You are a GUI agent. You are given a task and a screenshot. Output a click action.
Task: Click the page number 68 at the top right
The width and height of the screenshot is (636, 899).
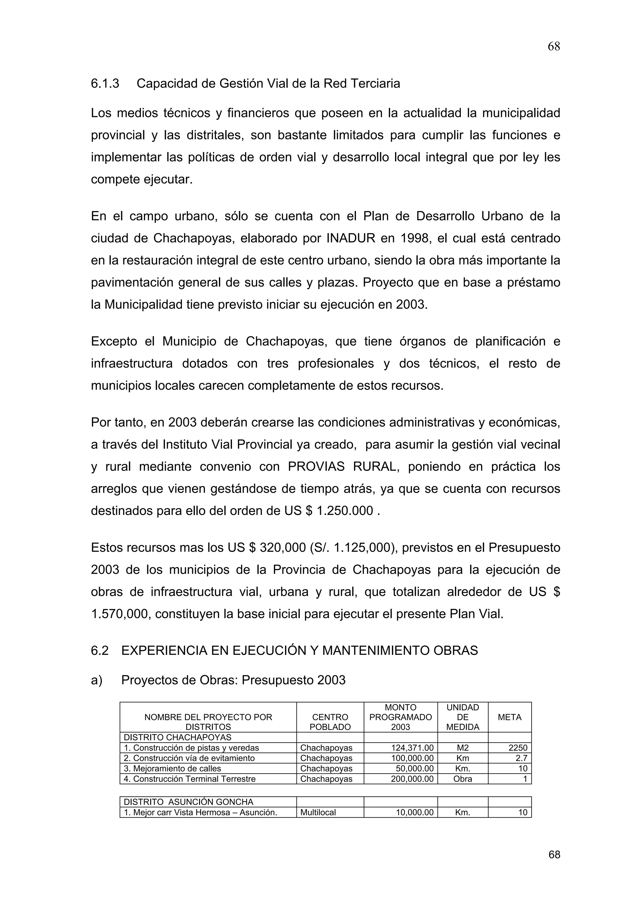tap(553, 47)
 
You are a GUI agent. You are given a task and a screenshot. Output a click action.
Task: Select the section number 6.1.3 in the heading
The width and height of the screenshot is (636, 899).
tap(105, 84)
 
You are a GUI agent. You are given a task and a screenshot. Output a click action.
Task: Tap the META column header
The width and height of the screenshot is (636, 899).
tap(509, 717)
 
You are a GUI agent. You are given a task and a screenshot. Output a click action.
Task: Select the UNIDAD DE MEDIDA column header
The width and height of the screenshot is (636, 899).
tap(463, 717)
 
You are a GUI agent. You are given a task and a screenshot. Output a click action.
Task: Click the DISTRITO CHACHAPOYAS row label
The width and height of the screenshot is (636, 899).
tap(178, 737)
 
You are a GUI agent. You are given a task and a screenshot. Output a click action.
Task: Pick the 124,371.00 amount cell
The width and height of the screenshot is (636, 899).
tap(412, 748)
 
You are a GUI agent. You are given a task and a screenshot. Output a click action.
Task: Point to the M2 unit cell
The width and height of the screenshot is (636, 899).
tap(463, 748)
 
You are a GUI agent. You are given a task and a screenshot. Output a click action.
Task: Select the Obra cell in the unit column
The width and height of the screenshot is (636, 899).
tap(463, 779)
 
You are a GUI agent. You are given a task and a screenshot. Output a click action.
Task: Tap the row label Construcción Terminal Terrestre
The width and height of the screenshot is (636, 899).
tap(190, 779)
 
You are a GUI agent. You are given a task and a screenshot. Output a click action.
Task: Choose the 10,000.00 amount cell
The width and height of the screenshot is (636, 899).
tap(415, 812)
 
